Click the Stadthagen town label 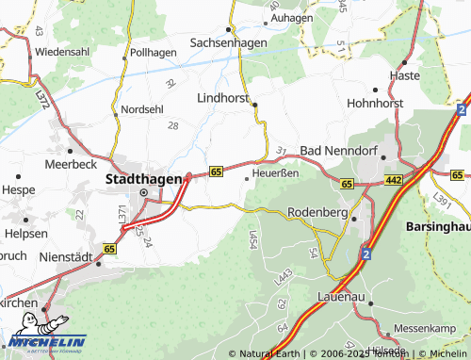143,176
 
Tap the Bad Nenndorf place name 337,151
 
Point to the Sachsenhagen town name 229,42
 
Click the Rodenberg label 317,211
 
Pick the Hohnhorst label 375,103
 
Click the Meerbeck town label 70,162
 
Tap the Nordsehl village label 142,108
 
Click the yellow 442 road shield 394,180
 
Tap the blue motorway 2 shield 364,254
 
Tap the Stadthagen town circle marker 144,192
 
